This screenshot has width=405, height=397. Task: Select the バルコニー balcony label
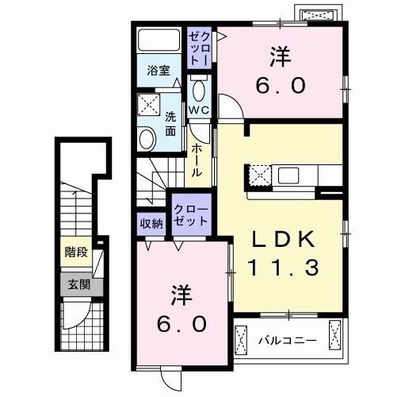coord(287,341)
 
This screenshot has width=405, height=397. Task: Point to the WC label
coord(198,111)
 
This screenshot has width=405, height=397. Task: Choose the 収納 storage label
coord(151,223)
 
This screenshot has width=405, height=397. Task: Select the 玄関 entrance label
coord(75,284)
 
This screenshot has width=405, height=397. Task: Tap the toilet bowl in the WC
coord(199,89)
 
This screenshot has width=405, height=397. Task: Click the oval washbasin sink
coord(147,141)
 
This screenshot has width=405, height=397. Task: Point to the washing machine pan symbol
coord(147,103)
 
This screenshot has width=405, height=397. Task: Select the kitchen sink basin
coord(286,174)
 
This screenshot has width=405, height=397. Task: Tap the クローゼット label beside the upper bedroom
coord(199,48)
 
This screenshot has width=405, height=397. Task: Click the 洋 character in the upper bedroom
coord(278,57)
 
